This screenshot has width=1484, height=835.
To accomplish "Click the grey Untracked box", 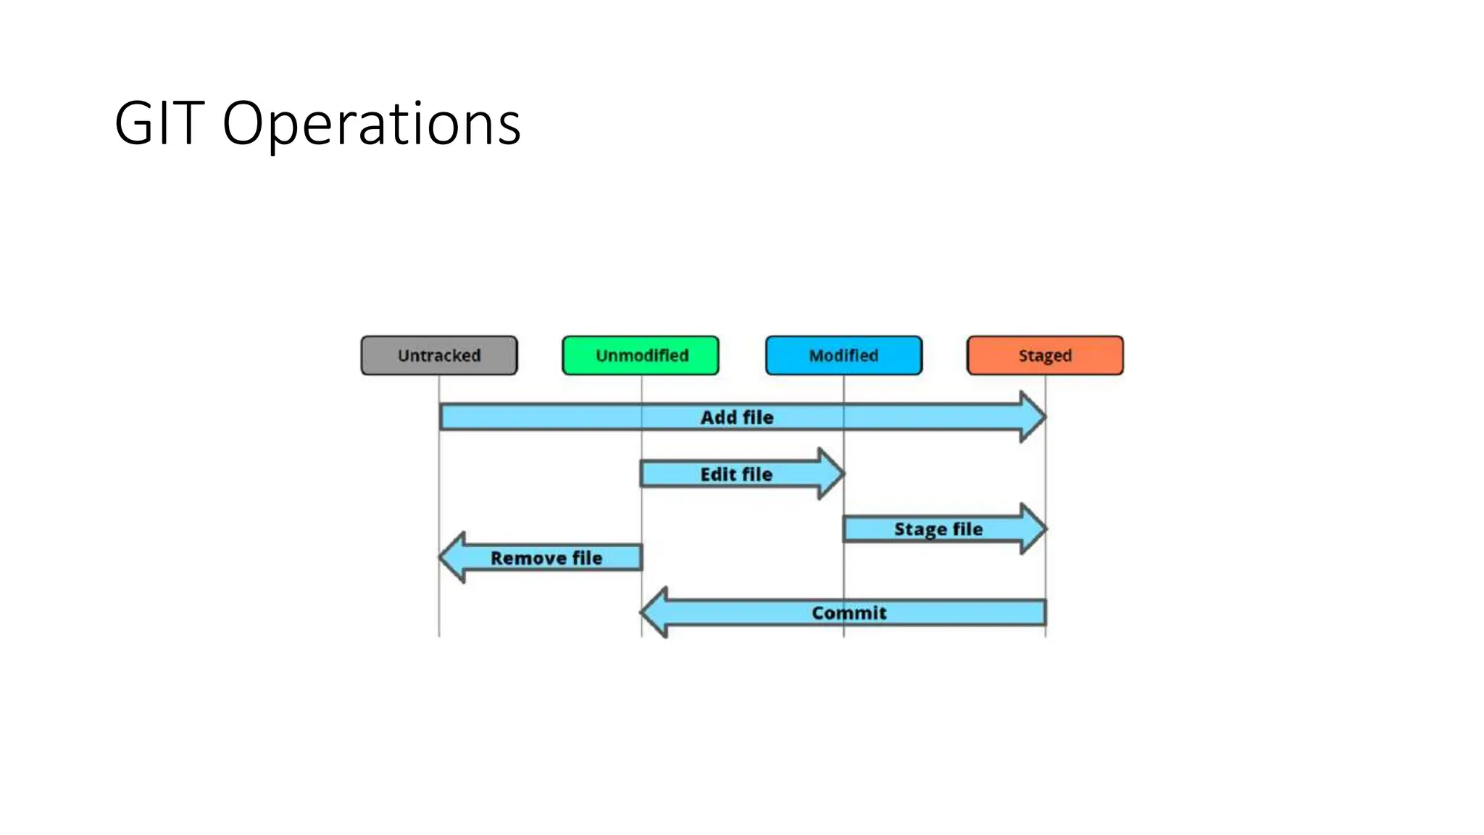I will [x=439, y=355].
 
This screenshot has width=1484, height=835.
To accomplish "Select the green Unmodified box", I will [x=641, y=355].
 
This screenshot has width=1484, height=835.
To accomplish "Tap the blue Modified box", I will [x=843, y=355].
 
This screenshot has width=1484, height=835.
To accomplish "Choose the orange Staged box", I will [x=1045, y=355].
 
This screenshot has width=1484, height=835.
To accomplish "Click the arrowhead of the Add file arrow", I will [x=1032, y=417].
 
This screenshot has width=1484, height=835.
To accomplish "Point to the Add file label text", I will [x=737, y=417].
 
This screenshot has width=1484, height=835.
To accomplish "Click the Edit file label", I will [x=736, y=474].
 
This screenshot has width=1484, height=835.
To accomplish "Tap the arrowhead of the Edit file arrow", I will [x=830, y=474].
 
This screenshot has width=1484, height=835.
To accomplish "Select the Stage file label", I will [x=938, y=529].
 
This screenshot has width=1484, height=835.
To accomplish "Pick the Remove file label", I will [x=546, y=558].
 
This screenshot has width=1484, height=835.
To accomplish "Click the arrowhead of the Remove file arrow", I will [x=452, y=557].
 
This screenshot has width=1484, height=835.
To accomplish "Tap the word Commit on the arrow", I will [x=849, y=613].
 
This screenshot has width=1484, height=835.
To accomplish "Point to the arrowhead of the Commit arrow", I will [x=654, y=612].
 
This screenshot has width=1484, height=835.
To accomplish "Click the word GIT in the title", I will [x=159, y=123].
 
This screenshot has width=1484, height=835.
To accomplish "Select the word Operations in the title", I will [x=371, y=123].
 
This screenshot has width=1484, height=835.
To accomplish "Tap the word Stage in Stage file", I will [x=920, y=529].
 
